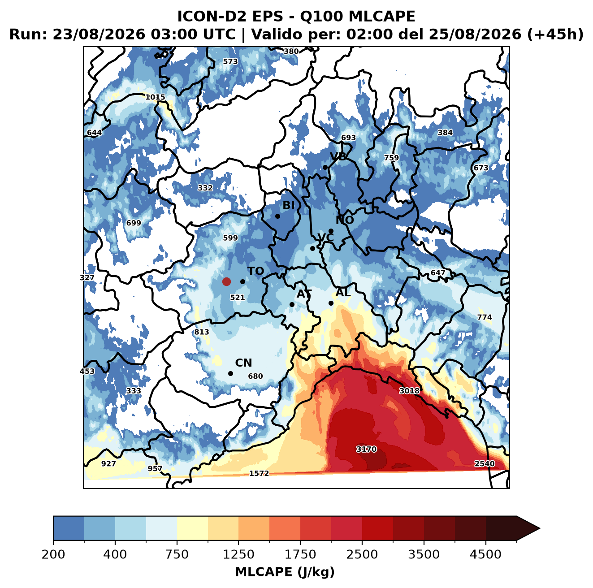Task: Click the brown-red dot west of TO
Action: pyautogui.click(x=226, y=281)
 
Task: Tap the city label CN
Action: pyautogui.click(x=243, y=363)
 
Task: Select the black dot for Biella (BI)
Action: pyautogui.click(x=277, y=216)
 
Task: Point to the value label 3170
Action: pyautogui.click(x=366, y=449)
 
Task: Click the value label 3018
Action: pyautogui.click(x=409, y=391)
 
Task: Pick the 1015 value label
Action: pyautogui.click(x=155, y=97)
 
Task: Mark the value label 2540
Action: pyautogui.click(x=485, y=464)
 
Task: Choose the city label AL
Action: pyautogui.click(x=343, y=292)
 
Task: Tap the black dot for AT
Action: pyautogui.click(x=292, y=304)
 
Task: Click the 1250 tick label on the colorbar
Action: pyautogui.click(x=238, y=554)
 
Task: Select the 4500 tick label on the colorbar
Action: pyautogui.click(x=485, y=554)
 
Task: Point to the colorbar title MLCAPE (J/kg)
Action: pyautogui.click(x=285, y=572)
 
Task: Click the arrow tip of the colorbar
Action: pyautogui.click(x=540, y=529)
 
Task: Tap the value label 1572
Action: pyautogui.click(x=259, y=473)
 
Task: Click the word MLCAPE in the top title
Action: pyautogui.click(x=381, y=16)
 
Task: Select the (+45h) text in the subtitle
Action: pyautogui.click(x=555, y=34)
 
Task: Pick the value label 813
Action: pyautogui.click(x=202, y=332)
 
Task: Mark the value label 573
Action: pyautogui.click(x=230, y=61)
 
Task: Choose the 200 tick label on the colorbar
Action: pyautogui.click(x=53, y=554)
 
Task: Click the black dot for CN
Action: pyautogui.click(x=230, y=373)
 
